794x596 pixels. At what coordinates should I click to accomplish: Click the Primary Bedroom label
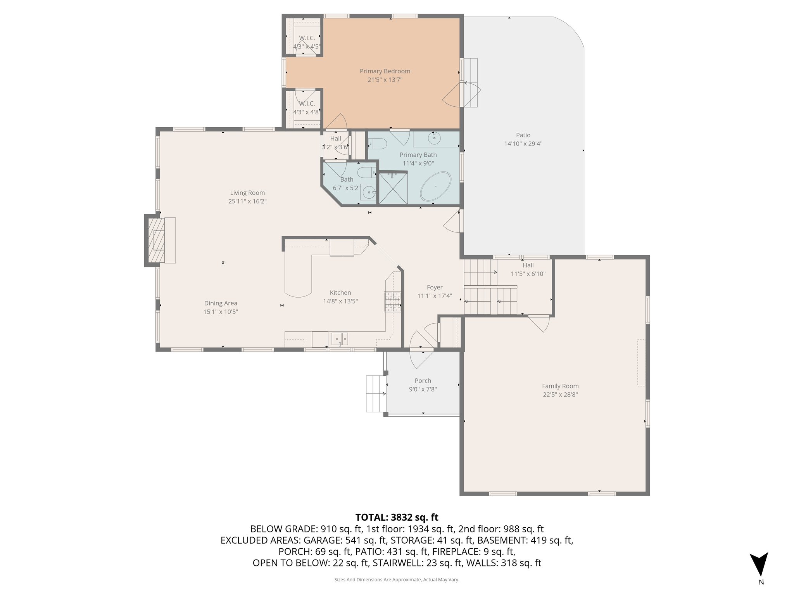(x=385, y=71)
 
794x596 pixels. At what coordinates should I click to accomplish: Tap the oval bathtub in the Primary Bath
(x=436, y=187)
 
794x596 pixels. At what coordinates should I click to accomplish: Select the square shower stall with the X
(x=393, y=188)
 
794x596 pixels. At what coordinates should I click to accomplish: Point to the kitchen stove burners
(x=392, y=302)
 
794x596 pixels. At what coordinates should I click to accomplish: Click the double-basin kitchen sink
(x=340, y=339)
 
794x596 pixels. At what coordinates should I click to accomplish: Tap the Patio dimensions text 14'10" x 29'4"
(x=523, y=144)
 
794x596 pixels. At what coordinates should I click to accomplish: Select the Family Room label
(x=560, y=386)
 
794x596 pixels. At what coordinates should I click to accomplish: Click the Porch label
(x=423, y=381)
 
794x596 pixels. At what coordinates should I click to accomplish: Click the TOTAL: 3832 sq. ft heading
(x=397, y=517)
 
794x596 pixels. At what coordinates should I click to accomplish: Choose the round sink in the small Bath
(x=369, y=191)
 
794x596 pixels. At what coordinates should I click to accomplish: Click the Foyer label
(x=435, y=288)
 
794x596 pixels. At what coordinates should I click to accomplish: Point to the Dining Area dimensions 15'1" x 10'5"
(x=221, y=312)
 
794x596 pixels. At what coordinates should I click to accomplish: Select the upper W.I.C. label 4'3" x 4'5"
(x=307, y=47)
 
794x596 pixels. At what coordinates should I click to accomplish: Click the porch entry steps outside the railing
(x=375, y=393)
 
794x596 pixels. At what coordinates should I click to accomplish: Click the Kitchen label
(x=340, y=293)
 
